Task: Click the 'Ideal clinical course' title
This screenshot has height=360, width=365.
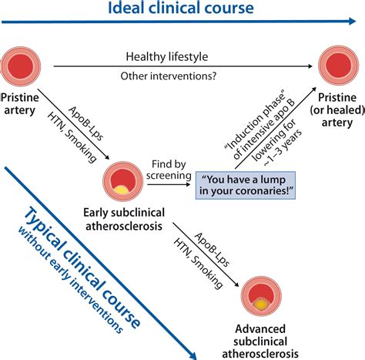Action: (x=182, y=9)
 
